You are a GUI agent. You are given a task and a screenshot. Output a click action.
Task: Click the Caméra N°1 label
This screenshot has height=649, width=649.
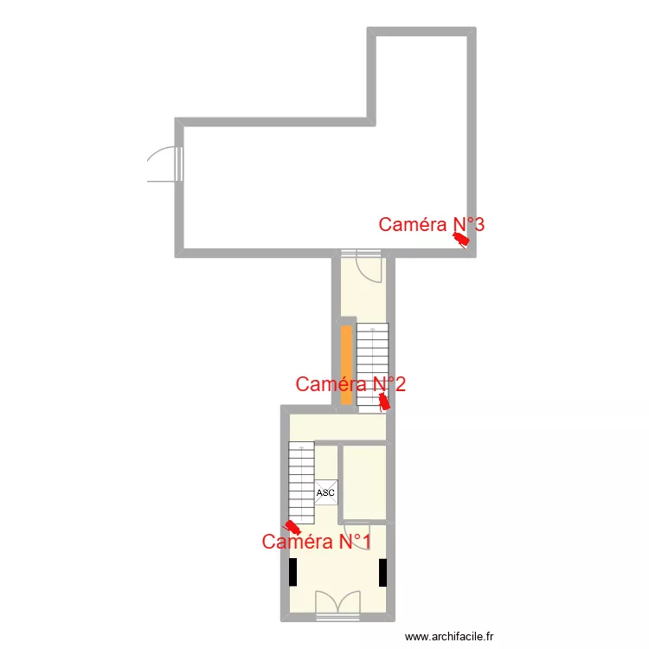tap(316, 543)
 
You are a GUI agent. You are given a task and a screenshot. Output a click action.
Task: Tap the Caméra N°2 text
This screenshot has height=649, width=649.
tap(350, 384)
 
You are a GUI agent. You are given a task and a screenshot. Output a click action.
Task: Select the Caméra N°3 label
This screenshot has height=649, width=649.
tap(431, 225)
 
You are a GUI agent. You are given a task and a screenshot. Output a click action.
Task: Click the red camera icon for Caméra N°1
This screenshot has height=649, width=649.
tap(293, 526)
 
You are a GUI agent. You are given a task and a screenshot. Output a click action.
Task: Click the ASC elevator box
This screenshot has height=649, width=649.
tap(325, 492)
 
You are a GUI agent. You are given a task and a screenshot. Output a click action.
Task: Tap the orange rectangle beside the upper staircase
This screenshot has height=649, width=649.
tap(346, 364)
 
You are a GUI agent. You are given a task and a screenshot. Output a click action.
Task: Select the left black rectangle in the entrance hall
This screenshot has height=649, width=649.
tap(293, 572)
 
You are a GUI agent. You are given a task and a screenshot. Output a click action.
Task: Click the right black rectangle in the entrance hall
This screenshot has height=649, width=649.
tap(382, 572)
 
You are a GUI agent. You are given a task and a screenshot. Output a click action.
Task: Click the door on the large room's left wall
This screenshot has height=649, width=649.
tap(164, 164)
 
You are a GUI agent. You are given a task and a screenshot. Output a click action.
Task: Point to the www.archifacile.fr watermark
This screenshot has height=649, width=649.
tap(449, 637)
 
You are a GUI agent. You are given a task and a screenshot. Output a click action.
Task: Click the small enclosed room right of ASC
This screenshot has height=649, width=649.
tap(364, 482)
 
